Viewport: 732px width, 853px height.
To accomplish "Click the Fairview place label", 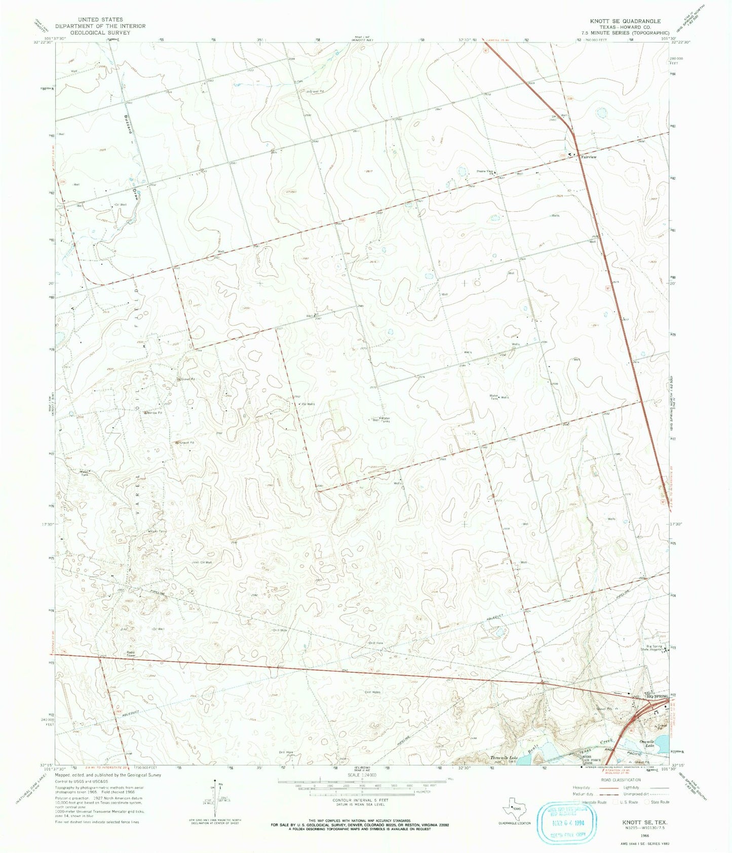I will point(589,158).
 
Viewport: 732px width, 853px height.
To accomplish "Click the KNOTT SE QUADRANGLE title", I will point(625,21).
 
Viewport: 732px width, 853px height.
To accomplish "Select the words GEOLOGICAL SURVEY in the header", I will point(100,32).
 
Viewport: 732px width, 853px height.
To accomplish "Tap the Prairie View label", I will point(485,172).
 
